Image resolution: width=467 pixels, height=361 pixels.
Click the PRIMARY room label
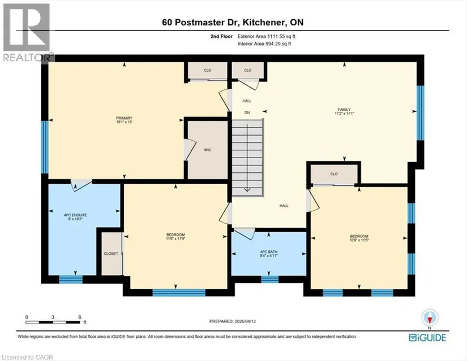pyautogui.click(x=124, y=118)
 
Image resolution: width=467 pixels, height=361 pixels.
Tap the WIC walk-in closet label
pyautogui.click(x=208, y=150)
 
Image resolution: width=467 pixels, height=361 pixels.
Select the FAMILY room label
pyautogui.click(x=344, y=110)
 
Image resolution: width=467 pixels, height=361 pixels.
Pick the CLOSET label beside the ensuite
pyautogui.click(x=111, y=254)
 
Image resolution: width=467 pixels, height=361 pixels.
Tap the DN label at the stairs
pyautogui.click(x=247, y=112)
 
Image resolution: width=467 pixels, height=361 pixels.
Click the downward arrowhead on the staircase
pyautogui.click(x=247, y=190)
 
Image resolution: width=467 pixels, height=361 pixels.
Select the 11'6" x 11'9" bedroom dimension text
pyautogui.click(x=175, y=238)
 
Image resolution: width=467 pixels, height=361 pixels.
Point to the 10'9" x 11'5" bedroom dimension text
pyautogui.click(x=359, y=240)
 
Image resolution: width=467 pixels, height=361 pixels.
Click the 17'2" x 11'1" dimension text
pyautogui.click(x=344, y=114)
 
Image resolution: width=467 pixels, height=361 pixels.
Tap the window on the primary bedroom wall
pyautogui.click(x=44, y=147)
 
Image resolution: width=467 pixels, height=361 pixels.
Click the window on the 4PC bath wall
pyautogui.click(x=270, y=279)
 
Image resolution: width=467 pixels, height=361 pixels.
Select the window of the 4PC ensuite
pyautogui.click(x=71, y=279)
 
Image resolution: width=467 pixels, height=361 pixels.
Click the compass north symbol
pyautogui.click(x=430, y=319)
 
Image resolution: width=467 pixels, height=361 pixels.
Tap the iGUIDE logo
pyautogui.click(x=427, y=338)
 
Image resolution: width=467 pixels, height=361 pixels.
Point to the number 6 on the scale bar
pyautogui.click(x=80, y=317)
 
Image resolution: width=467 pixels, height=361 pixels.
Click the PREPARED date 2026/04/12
pyautogui.click(x=246, y=321)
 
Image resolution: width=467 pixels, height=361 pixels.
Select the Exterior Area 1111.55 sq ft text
pyautogui.click(x=266, y=37)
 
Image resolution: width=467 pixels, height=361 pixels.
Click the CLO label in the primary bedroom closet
pyautogui.click(x=208, y=71)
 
